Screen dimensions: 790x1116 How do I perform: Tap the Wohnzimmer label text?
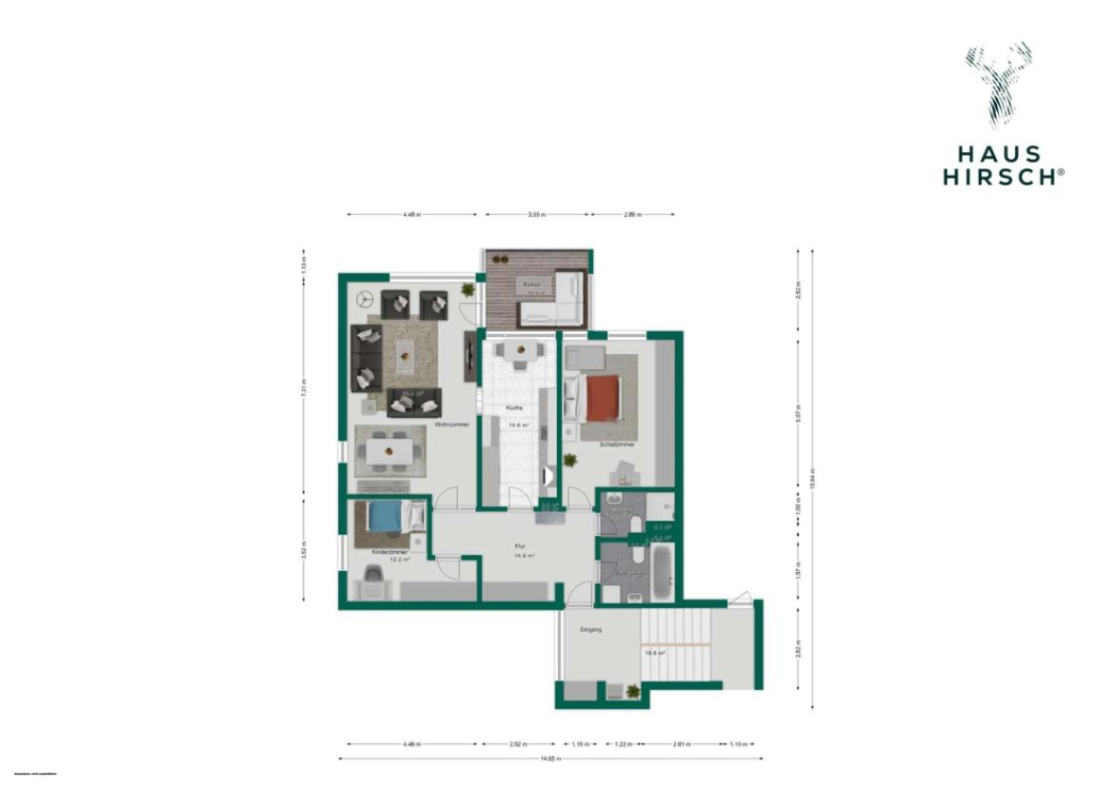451,425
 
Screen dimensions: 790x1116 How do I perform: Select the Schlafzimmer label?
617,444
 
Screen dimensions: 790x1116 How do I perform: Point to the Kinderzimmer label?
390,551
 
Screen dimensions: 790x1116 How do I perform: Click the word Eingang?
592,630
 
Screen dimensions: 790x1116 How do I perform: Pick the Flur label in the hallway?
520,546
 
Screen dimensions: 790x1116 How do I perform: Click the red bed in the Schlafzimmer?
601,398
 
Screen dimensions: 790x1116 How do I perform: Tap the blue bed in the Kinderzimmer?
388,517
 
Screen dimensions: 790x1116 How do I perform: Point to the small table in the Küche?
519,350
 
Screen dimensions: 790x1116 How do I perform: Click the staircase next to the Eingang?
677,647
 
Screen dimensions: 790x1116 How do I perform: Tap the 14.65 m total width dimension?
550,759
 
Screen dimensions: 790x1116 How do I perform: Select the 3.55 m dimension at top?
536,215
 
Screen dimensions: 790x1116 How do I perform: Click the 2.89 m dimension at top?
633,215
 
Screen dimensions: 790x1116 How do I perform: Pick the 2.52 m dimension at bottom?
517,744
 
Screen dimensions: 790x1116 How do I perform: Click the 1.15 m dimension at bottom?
578,744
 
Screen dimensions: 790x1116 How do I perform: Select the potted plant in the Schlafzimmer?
570,461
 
